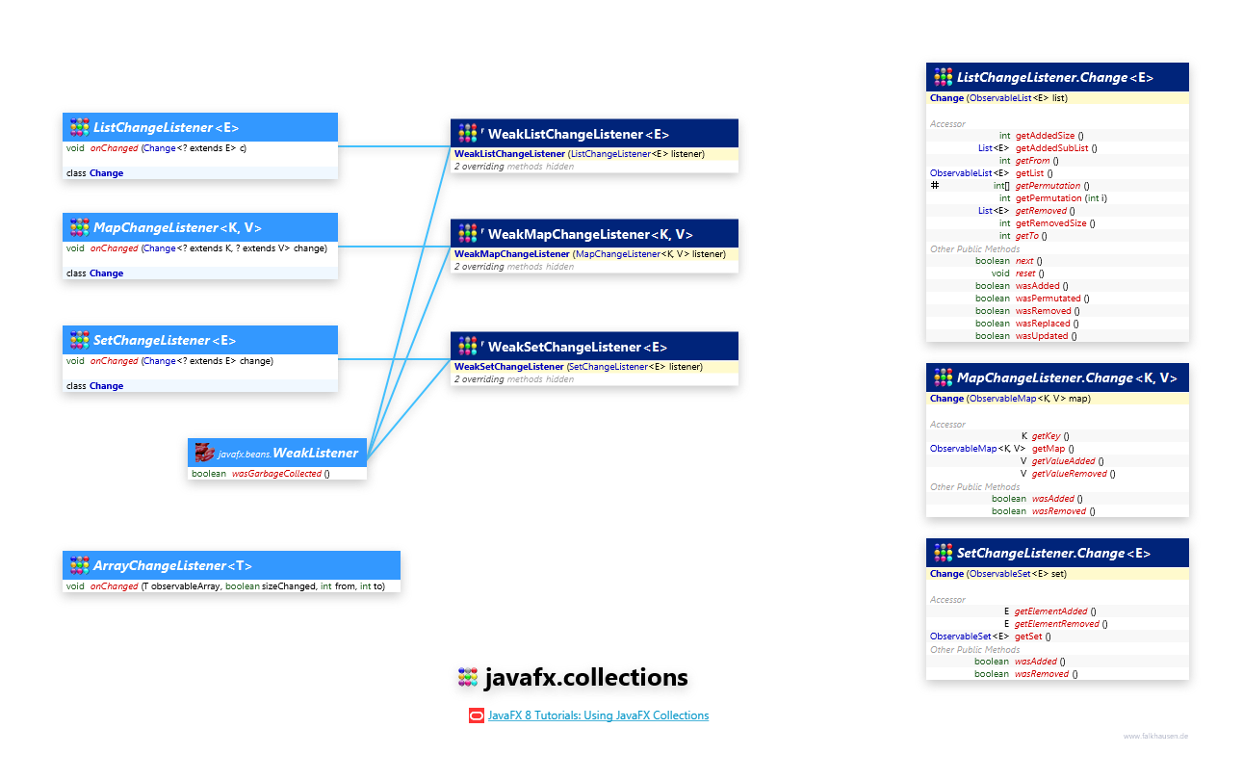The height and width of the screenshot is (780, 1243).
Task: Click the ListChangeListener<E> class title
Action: (x=166, y=127)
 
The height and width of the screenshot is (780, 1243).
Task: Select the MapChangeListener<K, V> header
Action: (x=177, y=227)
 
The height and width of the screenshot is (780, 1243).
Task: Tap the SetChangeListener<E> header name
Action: (x=164, y=340)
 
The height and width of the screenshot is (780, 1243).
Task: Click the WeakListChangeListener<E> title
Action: (x=578, y=134)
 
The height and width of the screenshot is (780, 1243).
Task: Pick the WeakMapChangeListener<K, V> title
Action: (x=589, y=234)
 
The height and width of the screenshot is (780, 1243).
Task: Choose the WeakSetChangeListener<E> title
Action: (x=577, y=347)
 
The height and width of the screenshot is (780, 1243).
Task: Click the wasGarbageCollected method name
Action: (x=276, y=474)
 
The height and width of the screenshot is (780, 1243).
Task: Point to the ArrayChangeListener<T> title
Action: (x=172, y=565)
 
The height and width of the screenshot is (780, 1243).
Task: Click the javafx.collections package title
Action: (x=585, y=678)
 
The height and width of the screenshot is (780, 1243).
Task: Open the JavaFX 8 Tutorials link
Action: (x=598, y=715)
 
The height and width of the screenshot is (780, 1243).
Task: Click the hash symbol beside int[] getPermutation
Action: (x=935, y=185)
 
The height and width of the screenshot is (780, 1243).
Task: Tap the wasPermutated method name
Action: (x=1048, y=299)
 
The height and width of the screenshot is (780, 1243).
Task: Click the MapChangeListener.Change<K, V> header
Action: (x=1066, y=377)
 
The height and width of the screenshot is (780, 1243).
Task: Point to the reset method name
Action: (x=1025, y=273)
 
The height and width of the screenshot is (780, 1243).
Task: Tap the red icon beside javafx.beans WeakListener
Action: (x=203, y=453)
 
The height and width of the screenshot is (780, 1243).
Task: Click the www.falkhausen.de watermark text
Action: (x=1155, y=736)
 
